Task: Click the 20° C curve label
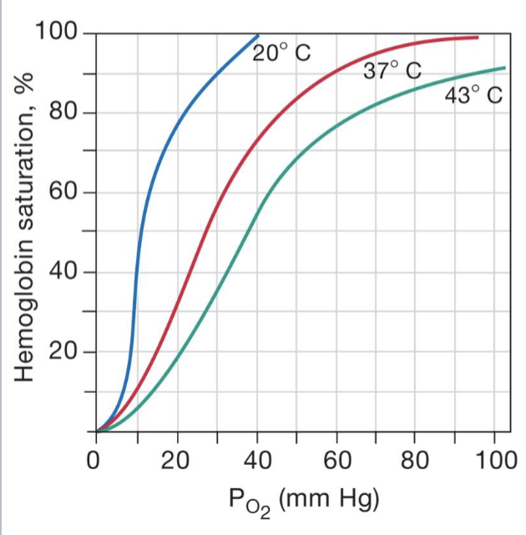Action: tap(281, 53)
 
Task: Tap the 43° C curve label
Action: tap(473, 95)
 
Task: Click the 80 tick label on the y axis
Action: tap(63, 113)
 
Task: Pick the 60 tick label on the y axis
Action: tap(63, 193)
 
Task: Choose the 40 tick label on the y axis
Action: tap(63, 273)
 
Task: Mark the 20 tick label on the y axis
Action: tap(63, 352)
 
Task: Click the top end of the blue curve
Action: tap(258, 35)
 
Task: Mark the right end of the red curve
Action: tap(478, 38)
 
